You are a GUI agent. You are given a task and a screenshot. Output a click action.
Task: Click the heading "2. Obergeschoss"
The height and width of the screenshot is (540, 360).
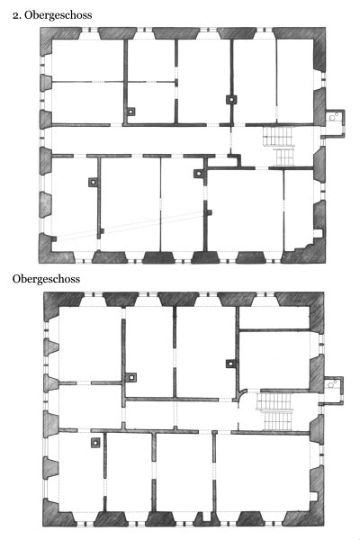click(x=52, y=15)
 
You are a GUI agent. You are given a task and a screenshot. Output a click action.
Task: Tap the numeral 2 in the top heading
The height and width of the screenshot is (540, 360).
click(x=15, y=15)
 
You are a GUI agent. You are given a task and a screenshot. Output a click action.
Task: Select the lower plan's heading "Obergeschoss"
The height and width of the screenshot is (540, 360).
click(x=46, y=279)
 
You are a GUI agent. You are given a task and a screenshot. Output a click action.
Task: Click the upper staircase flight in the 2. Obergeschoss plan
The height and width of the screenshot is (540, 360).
click(x=278, y=136)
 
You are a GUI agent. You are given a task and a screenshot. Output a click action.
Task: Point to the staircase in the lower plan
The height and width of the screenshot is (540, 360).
click(x=275, y=411)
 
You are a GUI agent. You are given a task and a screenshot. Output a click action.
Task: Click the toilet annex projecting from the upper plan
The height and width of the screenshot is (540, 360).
click(x=335, y=123)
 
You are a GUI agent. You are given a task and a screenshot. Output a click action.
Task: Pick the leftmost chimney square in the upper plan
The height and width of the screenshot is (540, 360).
click(x=93, y=182)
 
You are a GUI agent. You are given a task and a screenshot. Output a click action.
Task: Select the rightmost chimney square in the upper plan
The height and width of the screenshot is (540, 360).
click(x=231, y=100)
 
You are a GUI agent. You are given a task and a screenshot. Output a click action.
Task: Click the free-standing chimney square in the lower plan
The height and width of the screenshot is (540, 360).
click(x=95, y=443)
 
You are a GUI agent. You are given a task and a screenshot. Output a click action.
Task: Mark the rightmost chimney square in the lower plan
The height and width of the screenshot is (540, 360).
click(x=230, y=364)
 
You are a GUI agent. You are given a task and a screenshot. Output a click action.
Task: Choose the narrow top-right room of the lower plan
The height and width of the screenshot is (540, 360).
click(x=274, y=317)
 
